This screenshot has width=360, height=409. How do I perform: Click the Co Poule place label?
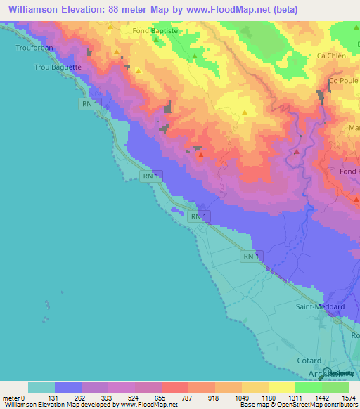click(x=343, y=82)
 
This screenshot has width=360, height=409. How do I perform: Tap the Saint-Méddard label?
click(x=320, y=306)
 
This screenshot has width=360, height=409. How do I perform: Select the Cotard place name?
click(x=309, y=360)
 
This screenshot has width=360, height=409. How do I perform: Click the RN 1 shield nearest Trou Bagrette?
click(x=89, y=103)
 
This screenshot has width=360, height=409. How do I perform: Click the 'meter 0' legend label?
click(x=13, y=397)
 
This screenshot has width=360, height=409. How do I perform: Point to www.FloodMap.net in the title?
click(x=224, y=10)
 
